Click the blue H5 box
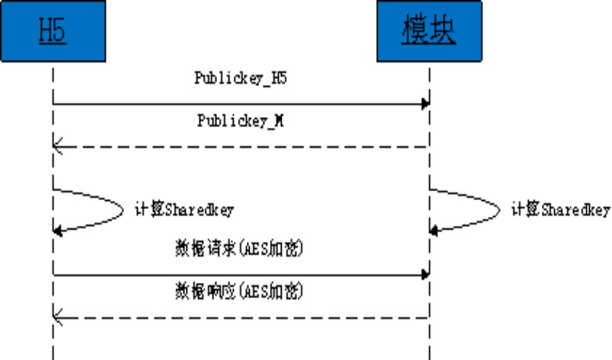[53, 31]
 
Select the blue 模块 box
[429, 31]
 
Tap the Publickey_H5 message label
[241, 79]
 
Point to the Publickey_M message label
[241, 121]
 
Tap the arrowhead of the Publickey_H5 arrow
[424, 104]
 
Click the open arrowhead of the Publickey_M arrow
[58, 147]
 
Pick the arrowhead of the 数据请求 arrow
[424, 275]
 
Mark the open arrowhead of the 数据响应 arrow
[58, 318]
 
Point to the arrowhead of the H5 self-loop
[58, 231]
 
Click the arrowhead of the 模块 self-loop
[435, 231]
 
